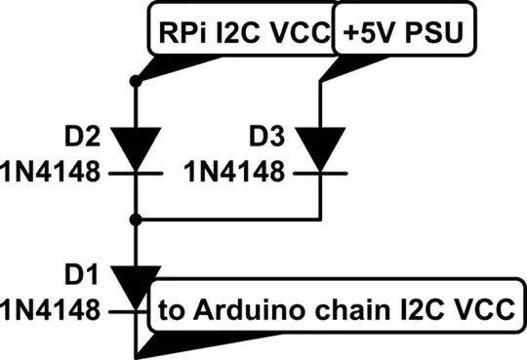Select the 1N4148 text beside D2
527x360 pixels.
51,173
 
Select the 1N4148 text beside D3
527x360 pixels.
235,173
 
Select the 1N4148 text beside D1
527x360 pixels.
51,310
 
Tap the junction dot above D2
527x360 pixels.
137,84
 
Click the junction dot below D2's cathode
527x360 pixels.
137,218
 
